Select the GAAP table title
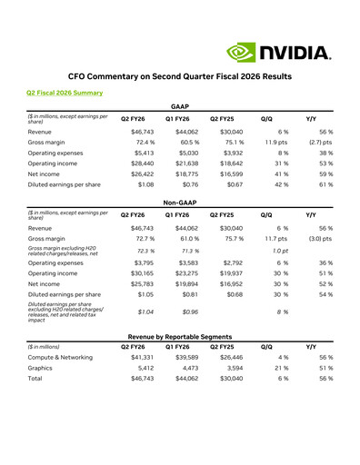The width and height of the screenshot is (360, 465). click(180, 106)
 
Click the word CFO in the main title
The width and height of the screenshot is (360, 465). click(81, 77)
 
